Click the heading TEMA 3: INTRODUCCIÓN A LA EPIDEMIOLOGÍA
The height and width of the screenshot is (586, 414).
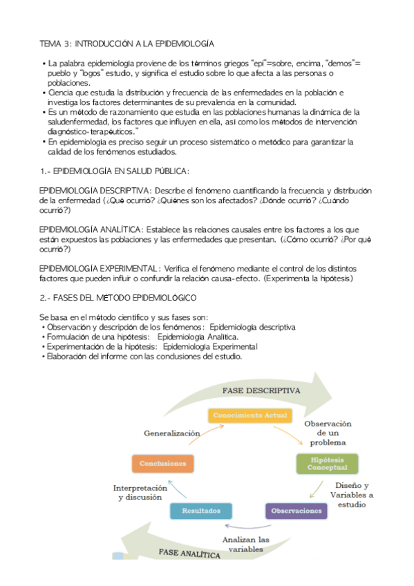[126, 43]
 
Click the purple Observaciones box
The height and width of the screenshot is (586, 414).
[296, 511]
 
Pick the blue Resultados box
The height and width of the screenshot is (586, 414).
[201, 511]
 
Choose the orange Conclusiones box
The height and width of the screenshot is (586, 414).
[162, 463]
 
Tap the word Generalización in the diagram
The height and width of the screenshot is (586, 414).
[172, 434]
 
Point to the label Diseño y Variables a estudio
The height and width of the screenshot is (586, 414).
[350, 494]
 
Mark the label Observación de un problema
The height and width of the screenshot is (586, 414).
[328, 433]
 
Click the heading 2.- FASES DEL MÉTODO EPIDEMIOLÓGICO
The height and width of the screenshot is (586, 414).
[118, 297]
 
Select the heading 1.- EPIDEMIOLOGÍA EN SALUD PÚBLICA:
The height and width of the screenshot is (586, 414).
[114, 171]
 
